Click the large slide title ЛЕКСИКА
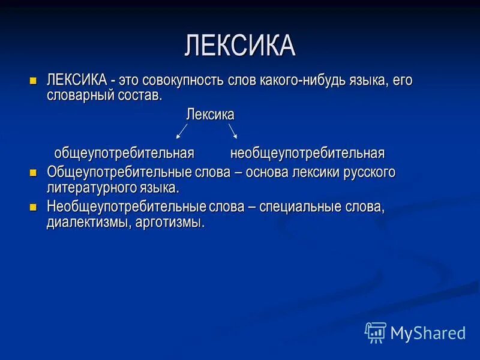point(240,46)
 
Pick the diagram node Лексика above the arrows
point(210,113)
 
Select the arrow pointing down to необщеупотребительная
point(232,131)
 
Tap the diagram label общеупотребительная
point(124,153)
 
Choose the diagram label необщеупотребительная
point(307,153)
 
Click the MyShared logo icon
point(376,332)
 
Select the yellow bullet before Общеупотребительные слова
point(34,172)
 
